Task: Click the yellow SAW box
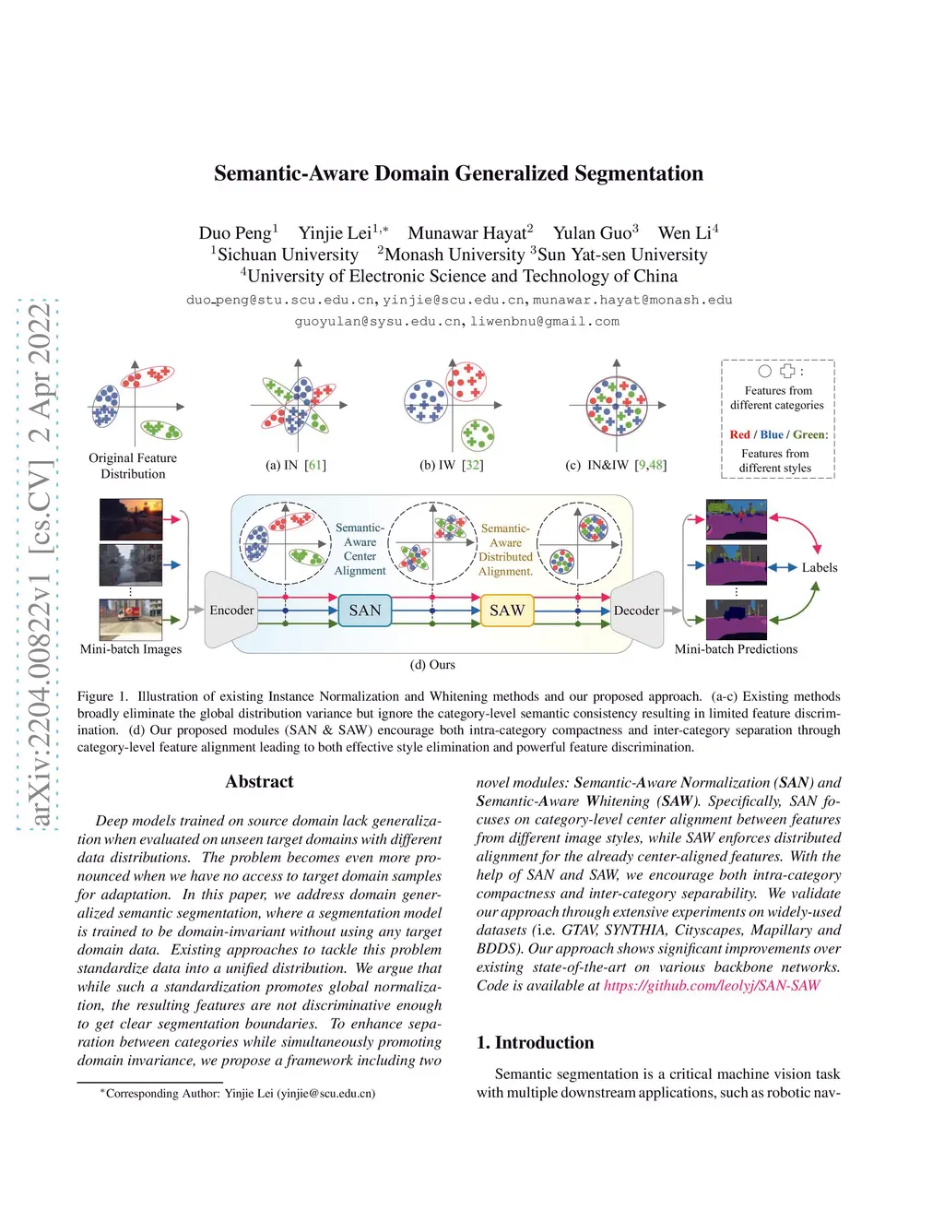click(x=507, y=611)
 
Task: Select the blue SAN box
click(x=365, y=611)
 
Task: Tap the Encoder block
click(x=231, y=611)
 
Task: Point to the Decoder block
click(x=636, y=611)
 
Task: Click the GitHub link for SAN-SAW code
click(x=712, y=986)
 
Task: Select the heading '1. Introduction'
click(x=535, y=1043)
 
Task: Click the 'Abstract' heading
click(x=259, y=782)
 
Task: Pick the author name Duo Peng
click(x=235, y=233)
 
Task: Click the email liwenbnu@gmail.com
click(x=545, y=322)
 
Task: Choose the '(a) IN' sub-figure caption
click(x=295, y=465)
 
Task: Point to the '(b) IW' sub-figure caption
click(x=451, y=465)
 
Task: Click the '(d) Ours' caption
click(x=432, y=665)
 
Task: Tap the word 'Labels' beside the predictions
click(x=819, y=568)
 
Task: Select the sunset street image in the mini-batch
click(x=131, y=519)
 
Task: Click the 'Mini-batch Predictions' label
click(x=736, y=649)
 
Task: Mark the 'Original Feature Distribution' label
click(x=133, y=466)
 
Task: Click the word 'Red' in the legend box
click(x=739, y=434)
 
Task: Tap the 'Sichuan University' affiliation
click(x=288, y=255)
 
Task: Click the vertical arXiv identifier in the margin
click(x=39, y=564)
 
